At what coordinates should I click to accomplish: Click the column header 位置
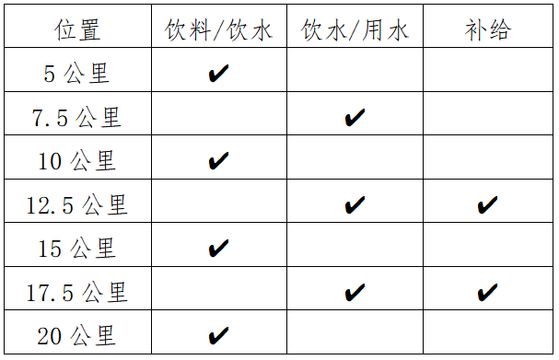click(x=78, y=29)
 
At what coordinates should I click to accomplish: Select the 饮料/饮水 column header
click(x=219, y=29)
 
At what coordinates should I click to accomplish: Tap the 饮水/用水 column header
click(x=355, y=29)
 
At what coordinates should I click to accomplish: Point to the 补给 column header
click(x=487, y=29)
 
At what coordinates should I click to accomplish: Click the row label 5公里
click(x=78, y=74)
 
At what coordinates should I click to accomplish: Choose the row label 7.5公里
click(x=78, y=117)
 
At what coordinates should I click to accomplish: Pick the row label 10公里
click(x=78, y=161)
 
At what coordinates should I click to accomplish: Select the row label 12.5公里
click(x=78, y=204)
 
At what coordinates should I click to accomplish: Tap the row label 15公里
click(x=78, y=249)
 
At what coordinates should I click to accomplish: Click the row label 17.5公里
click(x=78, y=292)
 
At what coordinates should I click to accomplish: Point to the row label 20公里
click(x=78, y=335)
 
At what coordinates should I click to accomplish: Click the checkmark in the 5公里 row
click(x=218, y=74)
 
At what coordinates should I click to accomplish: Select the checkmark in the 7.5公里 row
click(x=355, y=118)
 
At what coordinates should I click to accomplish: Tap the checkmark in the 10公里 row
click(x=218, y=161)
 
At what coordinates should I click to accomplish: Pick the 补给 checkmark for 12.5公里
click(x=487, y=205)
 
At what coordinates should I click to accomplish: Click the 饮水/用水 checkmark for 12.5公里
click(x=355, y=205)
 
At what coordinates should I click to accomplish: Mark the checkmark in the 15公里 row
click(x=218, y=249)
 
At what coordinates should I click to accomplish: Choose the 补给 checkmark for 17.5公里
click(x=487, y=293)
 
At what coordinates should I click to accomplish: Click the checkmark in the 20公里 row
click(x=218, y=336)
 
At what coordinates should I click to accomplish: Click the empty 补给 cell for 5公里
click(x=487, y=74)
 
